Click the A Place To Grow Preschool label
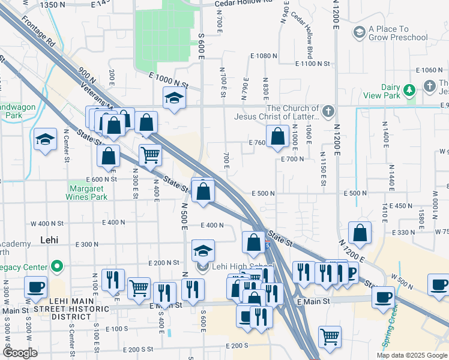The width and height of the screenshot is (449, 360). coord(398,33)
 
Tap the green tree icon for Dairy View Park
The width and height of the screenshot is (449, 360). coord(409,90)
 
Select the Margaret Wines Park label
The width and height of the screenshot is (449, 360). coord(87,192)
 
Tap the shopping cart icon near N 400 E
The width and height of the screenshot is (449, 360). coord(150,155)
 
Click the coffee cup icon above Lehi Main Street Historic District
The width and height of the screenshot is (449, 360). coord(36,287)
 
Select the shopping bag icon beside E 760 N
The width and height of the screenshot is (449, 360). coord(277,136)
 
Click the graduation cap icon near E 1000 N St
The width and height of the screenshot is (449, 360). coord(174,97)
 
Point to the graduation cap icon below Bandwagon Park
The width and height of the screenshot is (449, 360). coord(45,140)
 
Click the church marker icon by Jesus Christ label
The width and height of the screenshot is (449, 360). coord(328,112)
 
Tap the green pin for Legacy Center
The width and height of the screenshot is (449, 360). coord(56,266)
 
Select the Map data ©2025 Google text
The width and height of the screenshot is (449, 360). coord(412,355)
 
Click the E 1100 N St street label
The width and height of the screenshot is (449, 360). coord(313,63)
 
